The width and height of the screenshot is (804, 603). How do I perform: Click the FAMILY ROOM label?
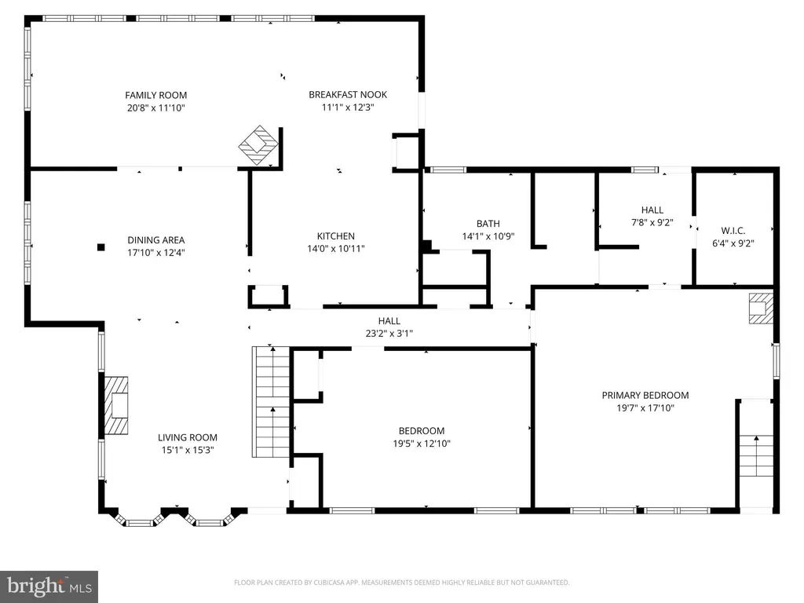pos(156,95)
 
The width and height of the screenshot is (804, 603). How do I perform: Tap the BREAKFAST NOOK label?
pos(348,94)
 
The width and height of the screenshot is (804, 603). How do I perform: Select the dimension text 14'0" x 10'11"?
pos(336,249)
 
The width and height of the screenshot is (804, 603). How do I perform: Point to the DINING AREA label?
pos(156,240)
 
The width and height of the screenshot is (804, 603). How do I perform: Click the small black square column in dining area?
pos(101,247)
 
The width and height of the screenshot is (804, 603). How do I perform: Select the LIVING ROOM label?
pos(187,437)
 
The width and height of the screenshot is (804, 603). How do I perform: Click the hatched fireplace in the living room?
pos(116,406)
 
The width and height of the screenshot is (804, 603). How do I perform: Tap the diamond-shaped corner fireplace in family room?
pos(258,145)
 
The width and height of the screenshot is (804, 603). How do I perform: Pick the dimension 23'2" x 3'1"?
pos(389,334)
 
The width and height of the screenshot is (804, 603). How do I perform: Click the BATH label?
pos(488,224)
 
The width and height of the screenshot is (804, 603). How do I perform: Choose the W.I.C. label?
pos(733,231)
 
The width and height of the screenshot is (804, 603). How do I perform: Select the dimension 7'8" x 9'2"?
pos(652,222)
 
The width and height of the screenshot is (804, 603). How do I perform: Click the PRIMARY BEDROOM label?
pos(645,396)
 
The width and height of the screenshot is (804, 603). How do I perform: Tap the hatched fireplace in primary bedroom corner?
pos(761,308)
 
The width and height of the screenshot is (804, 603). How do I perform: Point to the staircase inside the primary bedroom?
pos(756,455)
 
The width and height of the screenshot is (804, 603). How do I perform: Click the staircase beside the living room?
pos(271,402)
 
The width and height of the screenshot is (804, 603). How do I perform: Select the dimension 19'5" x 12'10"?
pos(422,444)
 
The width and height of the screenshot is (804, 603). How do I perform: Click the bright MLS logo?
pos(49,587)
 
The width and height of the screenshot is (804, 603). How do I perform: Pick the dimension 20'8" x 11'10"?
pos(156,108)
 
